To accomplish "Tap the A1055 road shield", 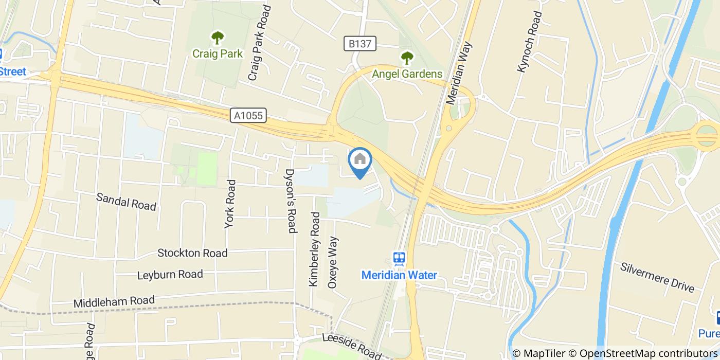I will coord(248,116).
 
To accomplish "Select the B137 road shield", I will coord(360,44).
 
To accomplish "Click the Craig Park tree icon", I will coord(218,38).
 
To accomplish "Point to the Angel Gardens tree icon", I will coord(407,58).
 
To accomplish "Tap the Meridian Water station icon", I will coord(399,258).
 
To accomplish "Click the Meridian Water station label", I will coord(399,275).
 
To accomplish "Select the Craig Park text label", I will coord(218,53).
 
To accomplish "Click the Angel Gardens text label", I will coord(407,74).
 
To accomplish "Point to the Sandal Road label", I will coord(126,202).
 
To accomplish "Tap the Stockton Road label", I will coord(192,253).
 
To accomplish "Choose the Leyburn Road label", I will coord(170,275).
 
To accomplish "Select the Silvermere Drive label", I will coord(657,277).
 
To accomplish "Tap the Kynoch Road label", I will coord(529,42).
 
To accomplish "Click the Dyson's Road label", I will coord(291,201).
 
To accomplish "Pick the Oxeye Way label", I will coord(333,262).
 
